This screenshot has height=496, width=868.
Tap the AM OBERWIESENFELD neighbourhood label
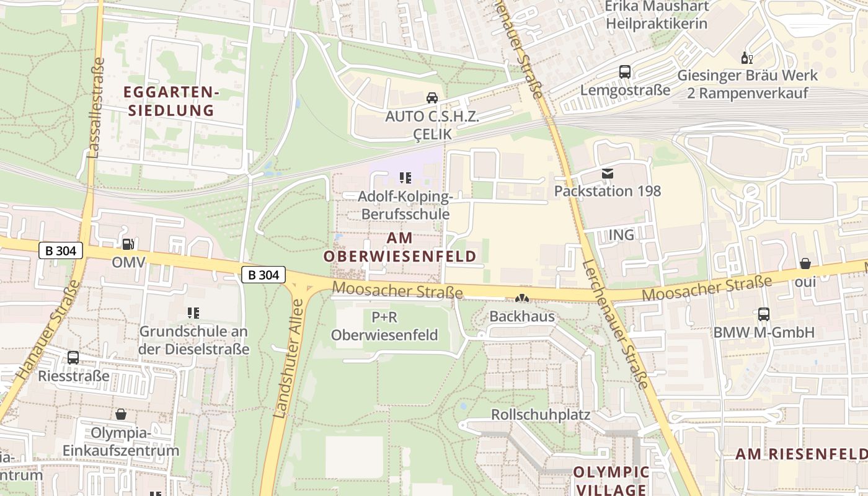pos(401,247)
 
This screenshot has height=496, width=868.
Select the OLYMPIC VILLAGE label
pos(611,480)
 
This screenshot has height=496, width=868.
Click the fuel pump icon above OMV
pos(128,244)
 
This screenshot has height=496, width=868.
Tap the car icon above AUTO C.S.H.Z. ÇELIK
pos(432,98)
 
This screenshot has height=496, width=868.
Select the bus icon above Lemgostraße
pos(625,72)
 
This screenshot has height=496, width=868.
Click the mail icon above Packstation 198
pos(607,174)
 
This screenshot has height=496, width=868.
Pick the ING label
pos(621,234)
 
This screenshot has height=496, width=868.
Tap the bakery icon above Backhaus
pos(522,299)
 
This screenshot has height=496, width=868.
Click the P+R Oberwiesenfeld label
pos(384,326)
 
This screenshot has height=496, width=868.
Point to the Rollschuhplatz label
pos(541,414)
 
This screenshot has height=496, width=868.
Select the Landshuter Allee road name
pos(289,358)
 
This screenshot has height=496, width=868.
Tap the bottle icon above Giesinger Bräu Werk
pos(747,58)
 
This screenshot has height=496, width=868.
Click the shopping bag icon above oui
pos(805,263)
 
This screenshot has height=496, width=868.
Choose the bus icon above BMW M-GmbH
pos(764,314)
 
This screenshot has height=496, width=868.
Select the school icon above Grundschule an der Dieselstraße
pos(193,314)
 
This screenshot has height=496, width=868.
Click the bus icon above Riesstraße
pos(73,358)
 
